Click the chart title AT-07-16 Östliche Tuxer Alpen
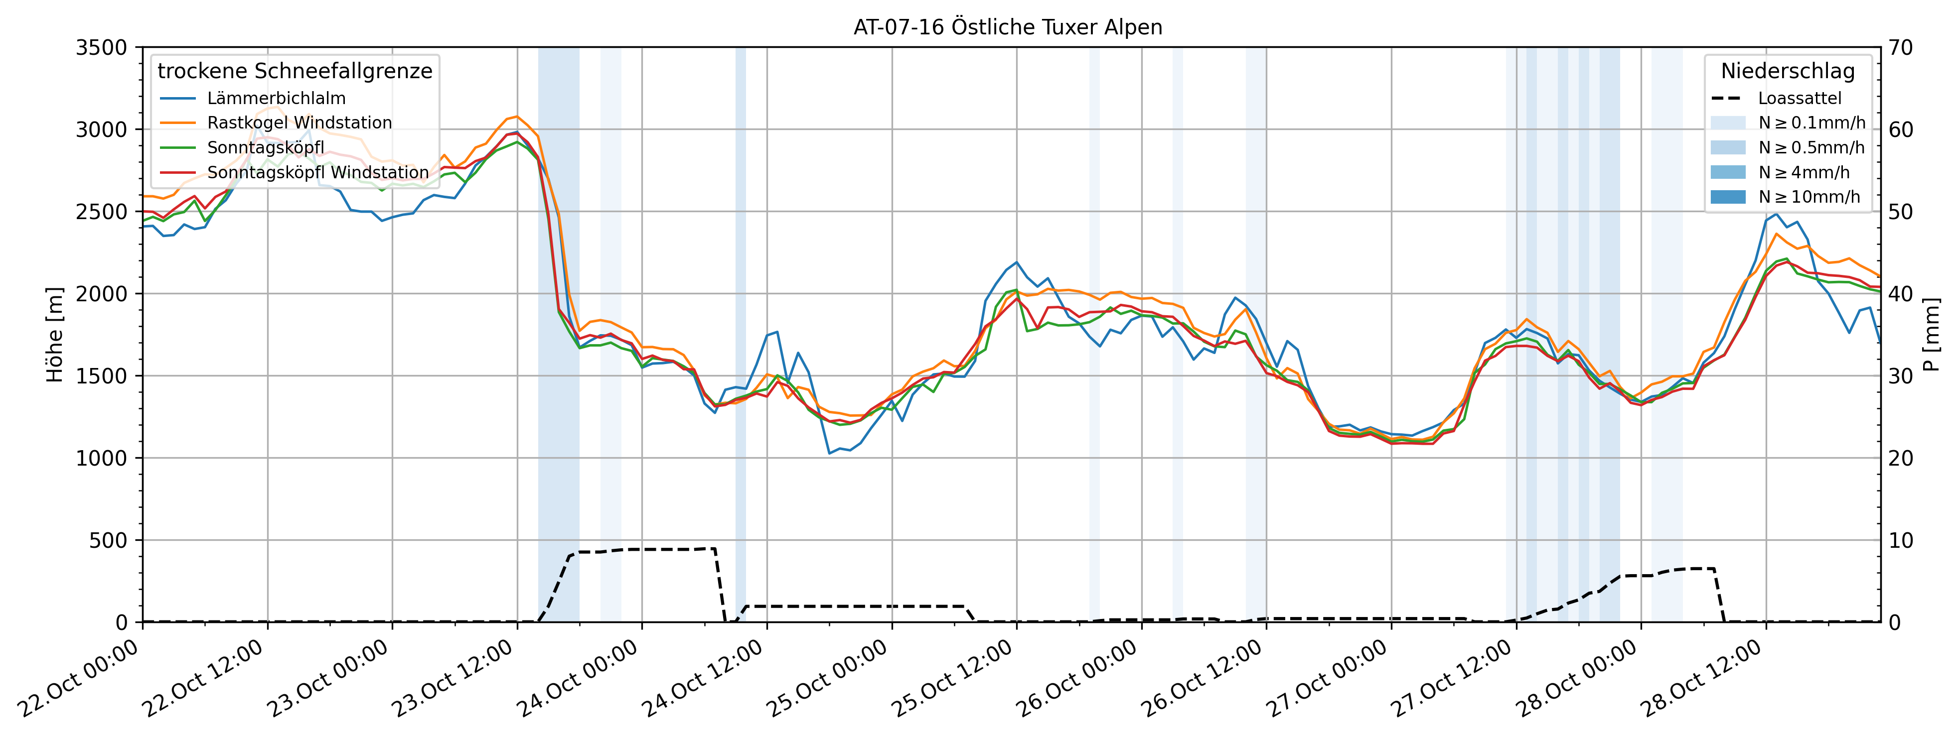pos(1008,27)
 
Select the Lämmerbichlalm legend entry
pos(276,98)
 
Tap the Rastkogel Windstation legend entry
pos(300,123)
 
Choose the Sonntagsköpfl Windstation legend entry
pos(318,172)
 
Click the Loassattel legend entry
pos(1799,98)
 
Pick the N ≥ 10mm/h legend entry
pos(1809,197)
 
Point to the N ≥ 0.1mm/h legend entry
pos(1811,123)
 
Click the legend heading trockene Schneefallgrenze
pos(295,71)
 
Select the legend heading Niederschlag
pos(1788,71)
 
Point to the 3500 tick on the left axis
pos(101,48)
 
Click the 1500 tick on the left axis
pos(101,376)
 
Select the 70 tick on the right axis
pos(1903,48)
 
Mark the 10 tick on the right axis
pos(1903,540)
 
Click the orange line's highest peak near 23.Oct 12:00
pos(517,116)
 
